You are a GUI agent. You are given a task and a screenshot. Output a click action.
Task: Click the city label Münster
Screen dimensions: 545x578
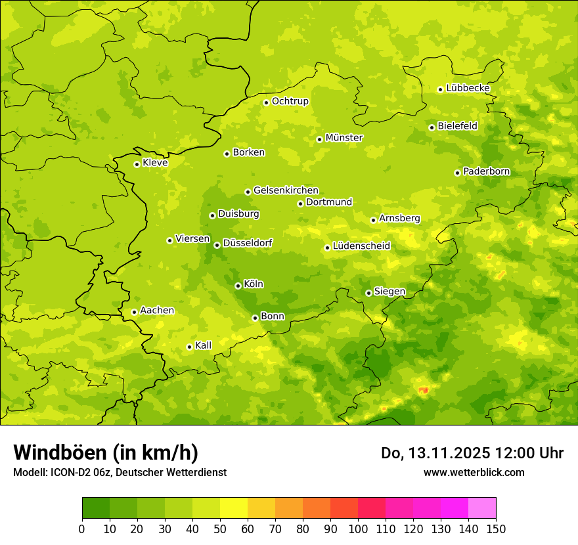344,138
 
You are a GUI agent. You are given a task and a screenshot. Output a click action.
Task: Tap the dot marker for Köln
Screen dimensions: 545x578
238,286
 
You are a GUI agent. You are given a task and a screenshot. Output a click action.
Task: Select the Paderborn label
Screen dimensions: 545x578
486,171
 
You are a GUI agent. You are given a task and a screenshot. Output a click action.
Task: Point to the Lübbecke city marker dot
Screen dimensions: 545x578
440,89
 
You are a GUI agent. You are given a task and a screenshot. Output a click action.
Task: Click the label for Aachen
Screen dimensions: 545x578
157,311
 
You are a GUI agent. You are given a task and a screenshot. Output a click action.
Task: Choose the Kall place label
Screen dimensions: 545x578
204,345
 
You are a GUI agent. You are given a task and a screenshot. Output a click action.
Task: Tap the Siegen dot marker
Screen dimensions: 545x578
368,293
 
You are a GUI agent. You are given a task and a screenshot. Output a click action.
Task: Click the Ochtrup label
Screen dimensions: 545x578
290,101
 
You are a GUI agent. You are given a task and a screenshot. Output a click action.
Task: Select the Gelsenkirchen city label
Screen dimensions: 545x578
286,190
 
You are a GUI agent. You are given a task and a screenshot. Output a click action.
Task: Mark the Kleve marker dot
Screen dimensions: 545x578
137,164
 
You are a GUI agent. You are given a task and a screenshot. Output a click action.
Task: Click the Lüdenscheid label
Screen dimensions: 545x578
361,246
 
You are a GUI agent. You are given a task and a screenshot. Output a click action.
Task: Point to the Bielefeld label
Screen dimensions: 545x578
457,126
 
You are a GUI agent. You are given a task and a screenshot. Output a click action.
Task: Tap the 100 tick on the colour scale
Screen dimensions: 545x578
358,529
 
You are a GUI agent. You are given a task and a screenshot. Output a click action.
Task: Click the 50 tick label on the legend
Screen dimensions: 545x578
220,529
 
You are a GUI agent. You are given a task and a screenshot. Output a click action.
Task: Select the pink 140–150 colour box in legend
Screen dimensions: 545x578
482,508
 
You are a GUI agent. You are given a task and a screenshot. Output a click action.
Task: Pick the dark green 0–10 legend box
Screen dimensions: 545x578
96,508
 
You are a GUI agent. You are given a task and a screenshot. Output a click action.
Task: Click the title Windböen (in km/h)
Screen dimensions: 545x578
105,452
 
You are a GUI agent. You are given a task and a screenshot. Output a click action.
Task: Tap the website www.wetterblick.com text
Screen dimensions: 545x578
474,472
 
